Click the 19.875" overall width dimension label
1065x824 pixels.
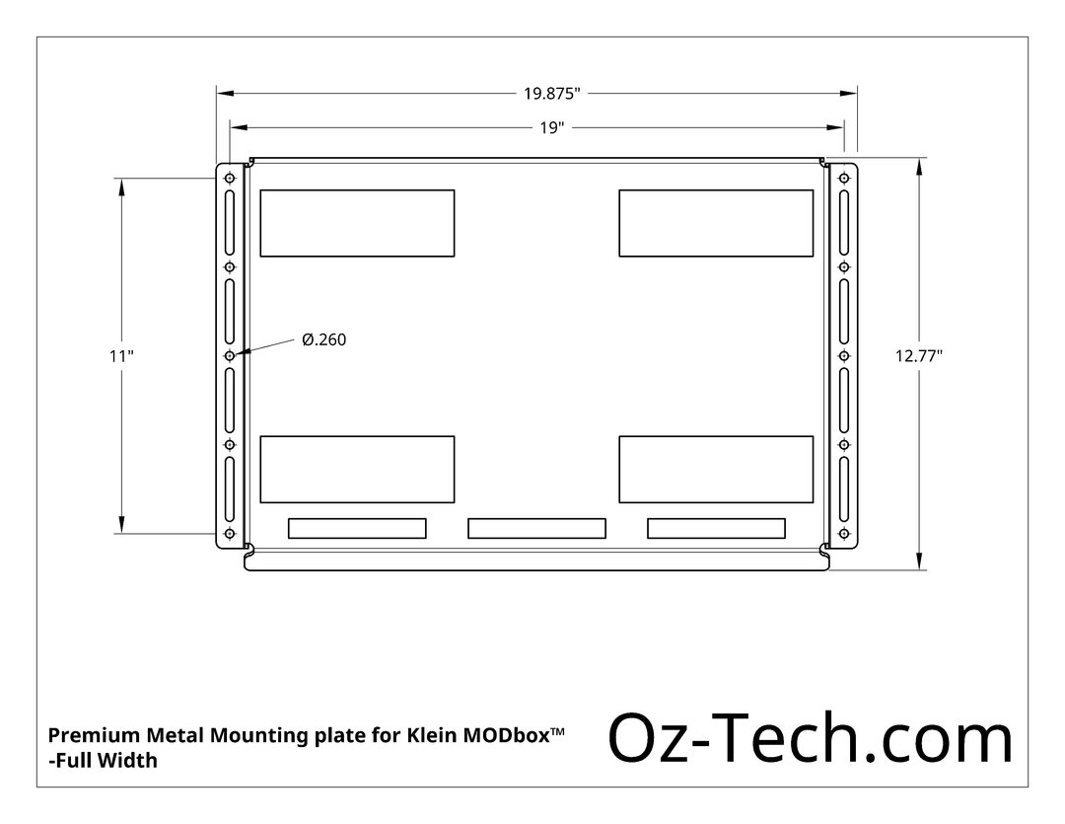551,94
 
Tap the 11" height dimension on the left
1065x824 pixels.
121,356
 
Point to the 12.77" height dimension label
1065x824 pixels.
918,356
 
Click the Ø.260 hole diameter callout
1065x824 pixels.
323,339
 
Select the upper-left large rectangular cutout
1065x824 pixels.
357,223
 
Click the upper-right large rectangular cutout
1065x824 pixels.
716,223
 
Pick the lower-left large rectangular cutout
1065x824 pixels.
357,469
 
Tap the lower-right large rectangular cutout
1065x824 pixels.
716,469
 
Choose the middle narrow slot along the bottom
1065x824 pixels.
536,529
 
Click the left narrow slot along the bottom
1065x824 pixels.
357,529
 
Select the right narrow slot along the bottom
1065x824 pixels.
716,529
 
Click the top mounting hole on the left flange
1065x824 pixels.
230,179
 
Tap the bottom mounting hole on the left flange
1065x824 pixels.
230,534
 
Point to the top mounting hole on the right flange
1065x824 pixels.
844,179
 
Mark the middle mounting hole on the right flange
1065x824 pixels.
844,356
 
